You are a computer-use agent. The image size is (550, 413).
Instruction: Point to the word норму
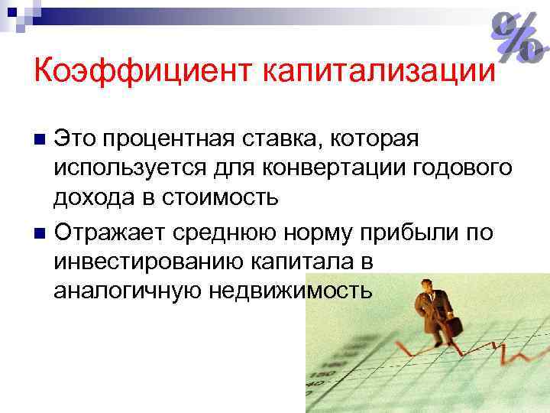[317, 232]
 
